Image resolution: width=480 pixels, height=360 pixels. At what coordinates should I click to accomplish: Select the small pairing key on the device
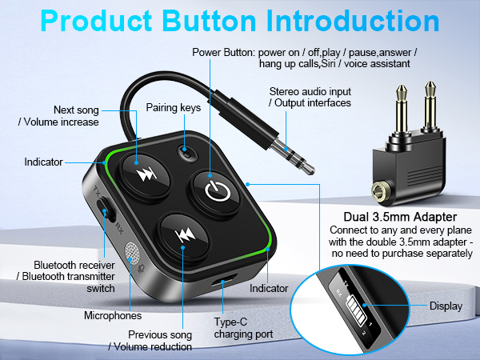coord(188,152)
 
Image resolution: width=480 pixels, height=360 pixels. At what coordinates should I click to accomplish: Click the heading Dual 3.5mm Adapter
coord(400,216)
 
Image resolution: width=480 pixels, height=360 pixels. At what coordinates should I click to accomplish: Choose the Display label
coord(446,306)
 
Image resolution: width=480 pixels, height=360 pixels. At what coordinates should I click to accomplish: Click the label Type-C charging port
coord(244,329)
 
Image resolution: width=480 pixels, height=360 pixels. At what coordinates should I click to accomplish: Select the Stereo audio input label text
coord(309,97)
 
